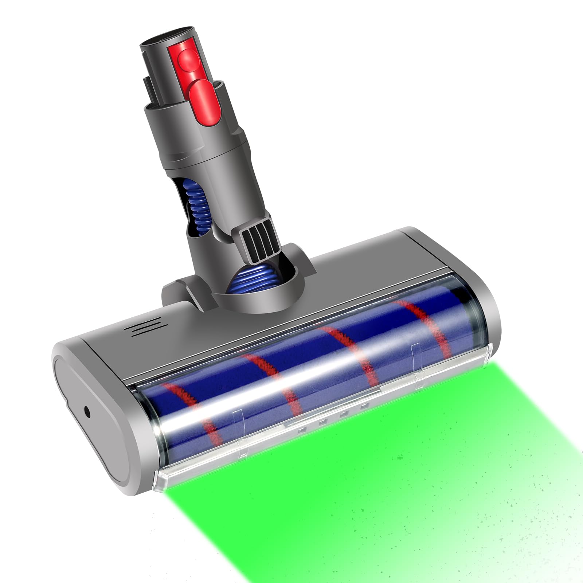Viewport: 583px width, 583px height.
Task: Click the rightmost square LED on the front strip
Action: point(363,407)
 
